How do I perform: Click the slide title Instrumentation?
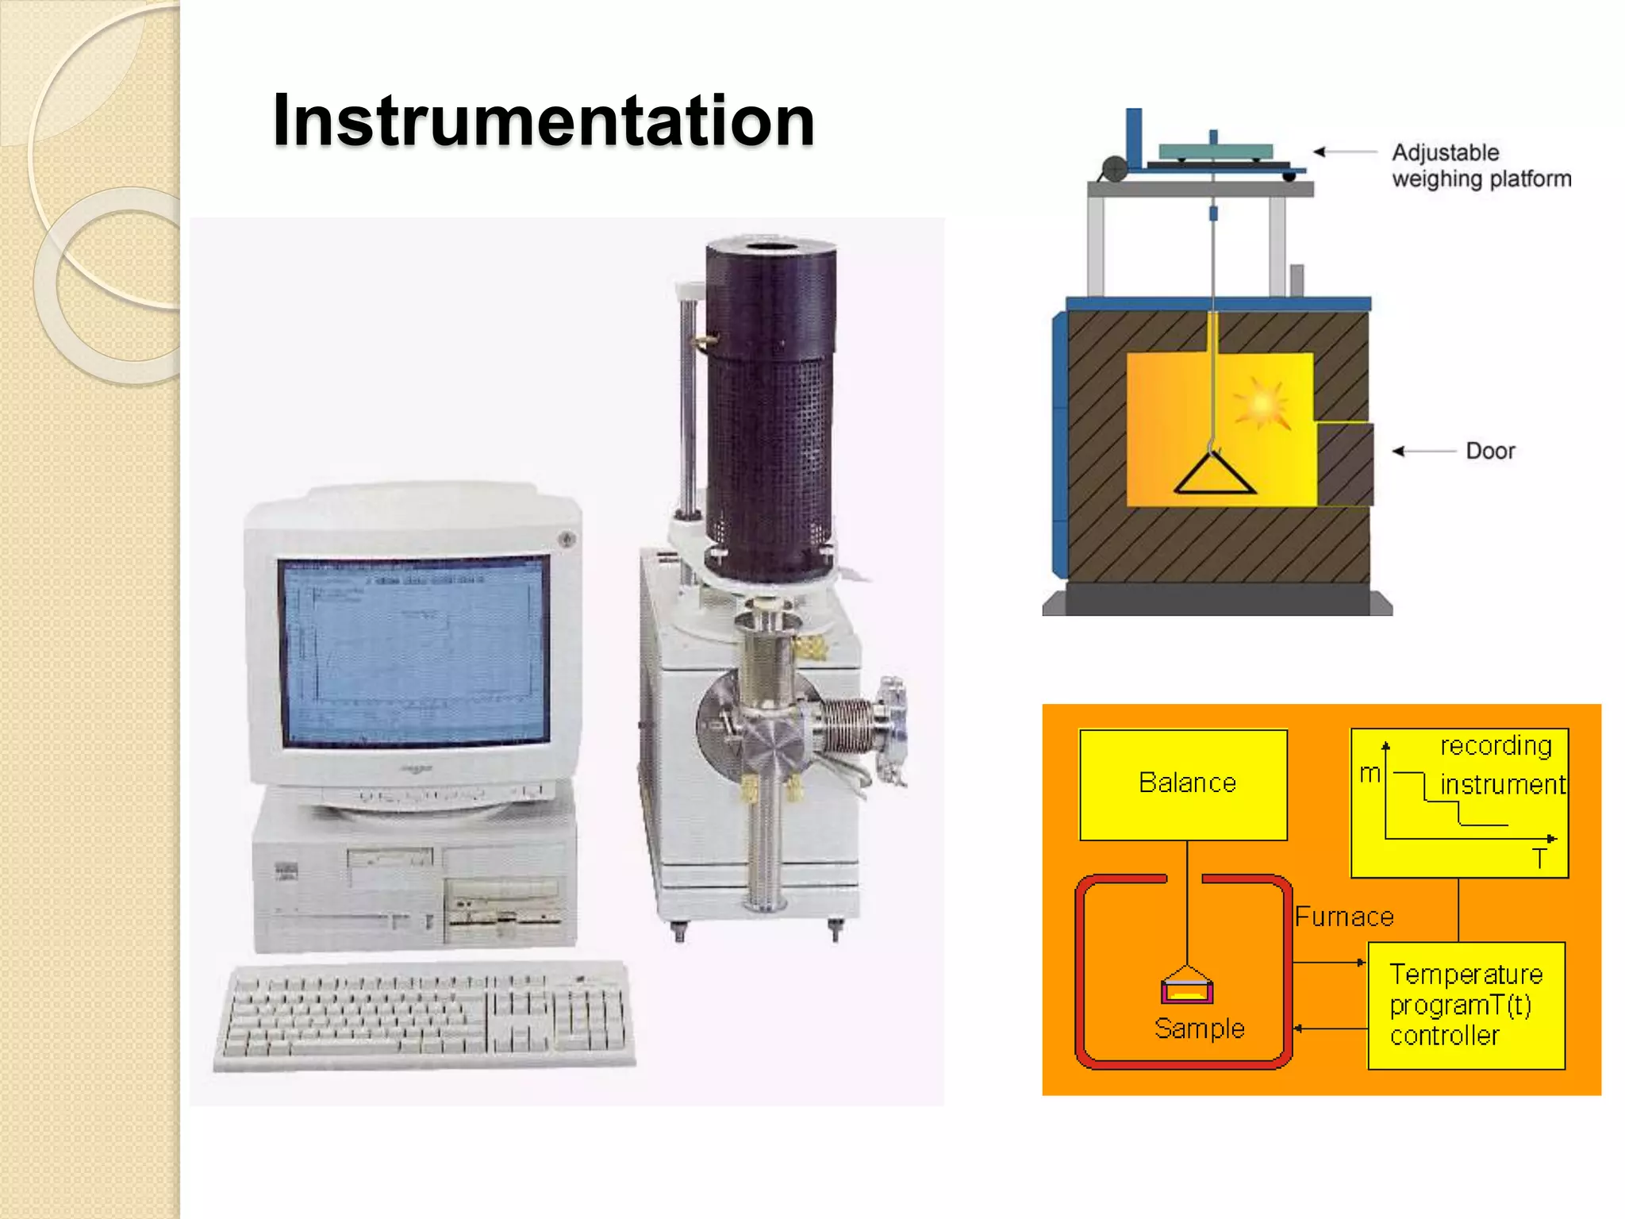pos(544,121)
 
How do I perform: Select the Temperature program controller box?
pos(1466,1005)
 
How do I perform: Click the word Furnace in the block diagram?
pos(1344,917)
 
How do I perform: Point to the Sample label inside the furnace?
pos(1199,1029)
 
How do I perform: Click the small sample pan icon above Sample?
pos(1187,987)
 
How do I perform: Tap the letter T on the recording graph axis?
pos(1539,859)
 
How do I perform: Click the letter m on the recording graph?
pos(1370,773)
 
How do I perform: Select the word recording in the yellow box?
pos(1496,746)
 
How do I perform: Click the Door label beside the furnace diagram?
pos(1490,452)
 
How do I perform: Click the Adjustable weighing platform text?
pos(1481,165)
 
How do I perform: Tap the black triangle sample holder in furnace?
pos(1214,475)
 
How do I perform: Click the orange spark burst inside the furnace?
pos(1261,403)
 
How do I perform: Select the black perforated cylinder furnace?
pos(769,405)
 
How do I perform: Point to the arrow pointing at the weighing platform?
pos(1344,152)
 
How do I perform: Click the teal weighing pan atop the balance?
pos(1215,151)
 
